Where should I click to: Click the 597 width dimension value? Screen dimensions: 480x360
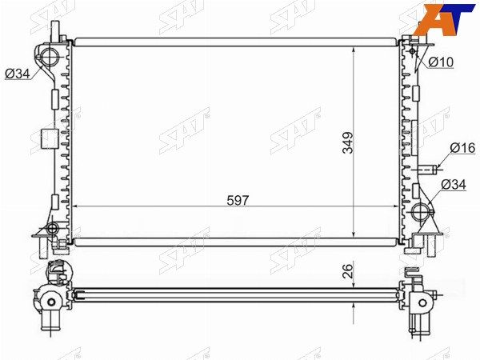click(x=238, y=201)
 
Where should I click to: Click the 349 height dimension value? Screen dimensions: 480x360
click(x=348, y=142)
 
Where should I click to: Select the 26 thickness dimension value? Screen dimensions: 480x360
click(x=348, y=270)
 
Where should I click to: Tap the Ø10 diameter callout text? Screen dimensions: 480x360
click(x=441, y=62)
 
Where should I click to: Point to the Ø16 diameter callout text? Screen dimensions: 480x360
click(x=462, y=149)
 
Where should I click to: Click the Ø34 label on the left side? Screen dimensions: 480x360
click(x=18, y=74)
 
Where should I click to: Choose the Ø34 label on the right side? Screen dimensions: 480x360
click(x=454, y=185)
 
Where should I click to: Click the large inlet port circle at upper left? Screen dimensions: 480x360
click(x=49, y=56)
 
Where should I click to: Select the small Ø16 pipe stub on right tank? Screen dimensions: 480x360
click(x=427, y=169)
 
